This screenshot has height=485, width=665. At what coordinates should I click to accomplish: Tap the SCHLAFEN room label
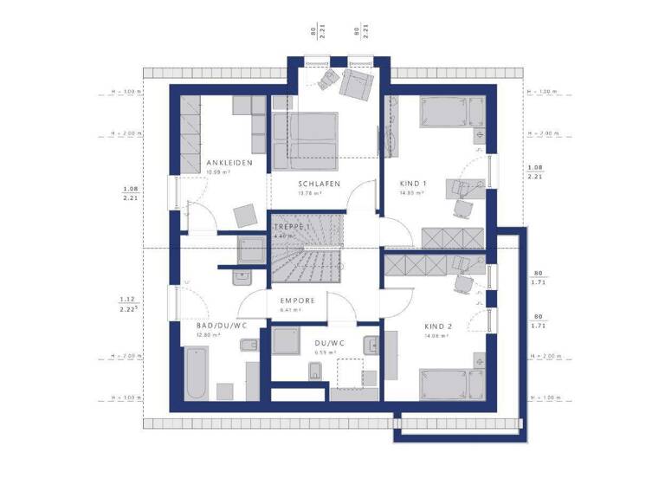[319, 184]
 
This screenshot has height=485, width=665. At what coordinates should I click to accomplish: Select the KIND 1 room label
[413, 184]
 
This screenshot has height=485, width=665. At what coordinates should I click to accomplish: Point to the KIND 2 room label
[438, 327]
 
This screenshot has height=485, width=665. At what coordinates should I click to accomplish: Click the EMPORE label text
[297, 301]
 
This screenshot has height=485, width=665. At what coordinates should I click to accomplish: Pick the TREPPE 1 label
[292, 225]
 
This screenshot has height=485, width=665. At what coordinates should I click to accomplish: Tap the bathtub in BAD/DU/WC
[195, 372]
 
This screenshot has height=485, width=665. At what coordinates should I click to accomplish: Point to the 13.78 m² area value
[310, 193]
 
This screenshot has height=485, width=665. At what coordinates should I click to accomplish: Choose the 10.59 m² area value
[218, 173]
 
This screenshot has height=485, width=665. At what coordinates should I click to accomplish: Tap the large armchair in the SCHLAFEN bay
[356, 84]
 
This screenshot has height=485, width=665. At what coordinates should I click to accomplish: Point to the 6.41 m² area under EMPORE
[290, 310]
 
